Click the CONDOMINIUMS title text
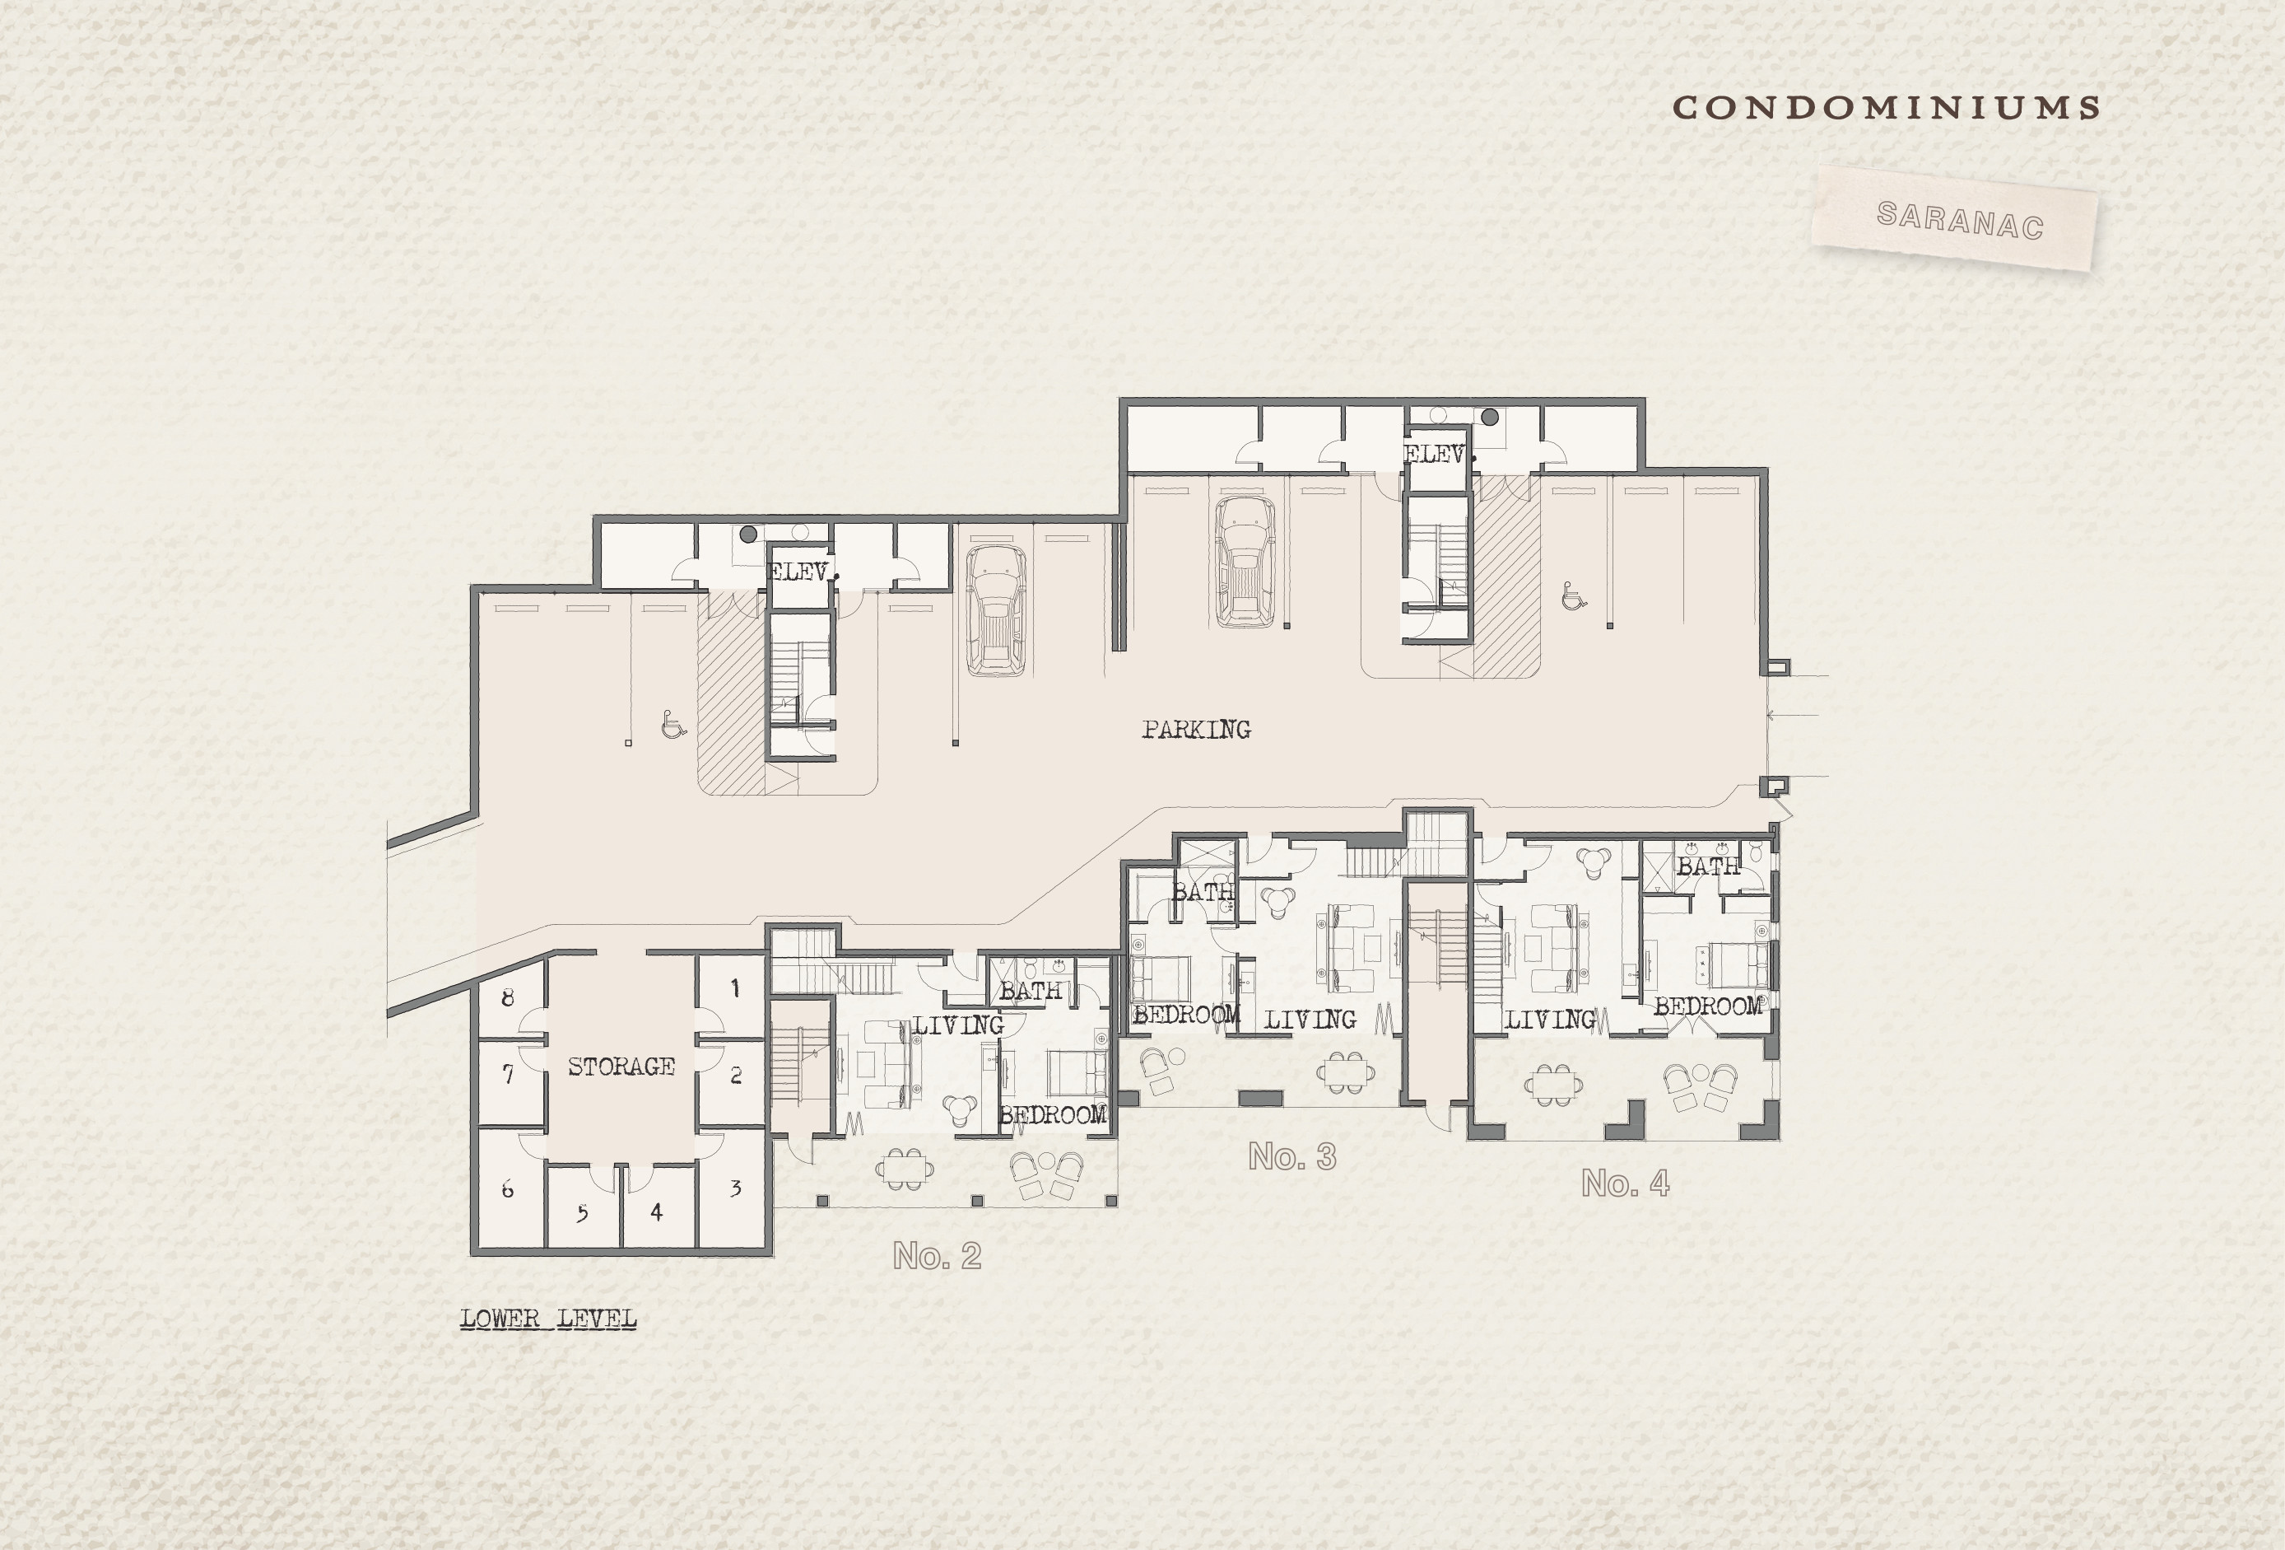pos(1886,108)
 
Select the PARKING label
pos(1197,730)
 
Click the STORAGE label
pos(621,1066)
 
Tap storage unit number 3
pos(734,1188)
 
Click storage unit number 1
pos(734,988)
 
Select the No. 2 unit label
pos(937,1255)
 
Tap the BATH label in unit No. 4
pos(1708,866)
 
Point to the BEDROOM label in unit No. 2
pos(1053,1115)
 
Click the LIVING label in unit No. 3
pos(1310,1020)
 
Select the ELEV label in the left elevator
pos(799,572)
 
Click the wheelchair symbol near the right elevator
pos(1573,596)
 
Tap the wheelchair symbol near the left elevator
pos(673,725)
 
